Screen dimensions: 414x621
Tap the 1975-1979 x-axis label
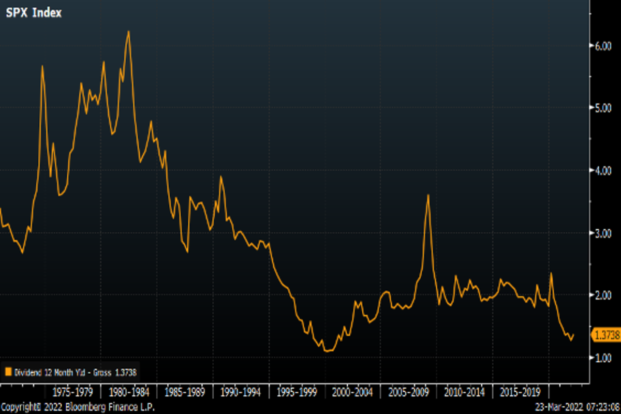[x=73, y=392]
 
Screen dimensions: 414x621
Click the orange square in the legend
[x=8, y=372]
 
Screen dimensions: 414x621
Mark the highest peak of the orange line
[x=128, y=32]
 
